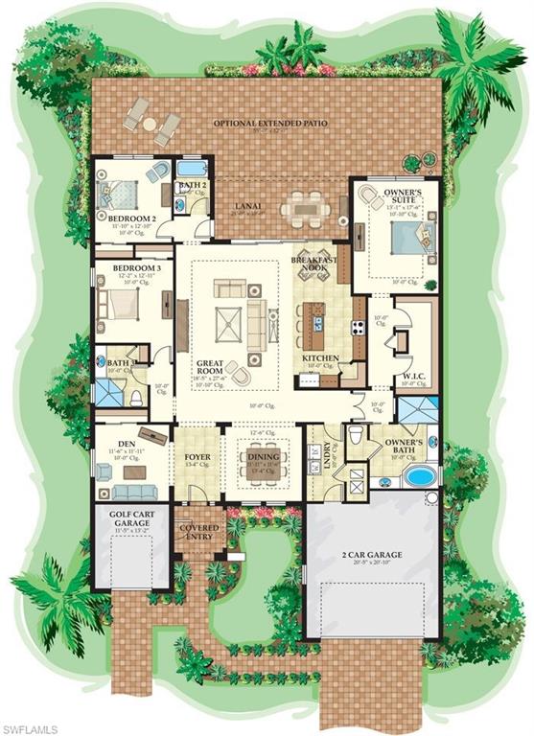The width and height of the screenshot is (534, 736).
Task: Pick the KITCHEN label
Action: (320, 357)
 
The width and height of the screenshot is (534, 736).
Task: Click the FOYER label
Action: (197, 457)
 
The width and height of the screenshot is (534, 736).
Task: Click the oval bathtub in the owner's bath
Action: (418, 475)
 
